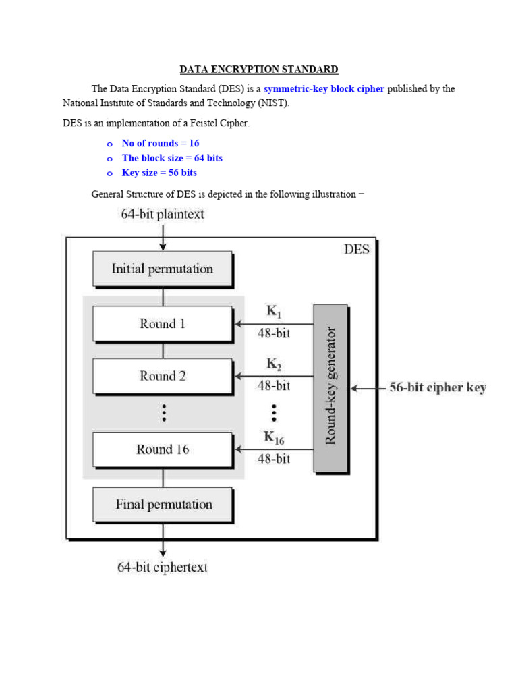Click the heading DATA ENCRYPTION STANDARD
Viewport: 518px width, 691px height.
[x=258, y=70]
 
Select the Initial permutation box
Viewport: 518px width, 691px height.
[x=162, y=269]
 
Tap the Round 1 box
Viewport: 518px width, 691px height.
[x=162, y=324]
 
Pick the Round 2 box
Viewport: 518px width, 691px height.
[x=162, y=376]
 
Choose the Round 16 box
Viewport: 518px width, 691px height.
[x=162, y=449]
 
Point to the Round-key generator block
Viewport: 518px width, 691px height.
[x=330, y=388]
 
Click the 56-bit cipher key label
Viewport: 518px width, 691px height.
[x=438, y=388]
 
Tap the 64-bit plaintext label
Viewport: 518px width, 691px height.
[x=163, y=215]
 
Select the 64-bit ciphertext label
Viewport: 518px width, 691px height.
[x=163, y=567]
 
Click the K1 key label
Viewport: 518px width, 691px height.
[x=274, y=312]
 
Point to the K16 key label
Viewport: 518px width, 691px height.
[x=274, y=438]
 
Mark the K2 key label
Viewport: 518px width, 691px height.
[x=274, y=364]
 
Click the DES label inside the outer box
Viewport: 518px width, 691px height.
[x=356, y=249]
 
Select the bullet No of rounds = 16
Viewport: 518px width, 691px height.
[x=160, y=143]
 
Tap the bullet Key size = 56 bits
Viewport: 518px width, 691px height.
[x=159, y=173]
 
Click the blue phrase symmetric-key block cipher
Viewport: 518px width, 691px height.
[x=324, y=89]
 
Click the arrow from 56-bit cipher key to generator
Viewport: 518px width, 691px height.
[x=368, y=389]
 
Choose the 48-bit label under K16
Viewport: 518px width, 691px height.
[x=274, y=459]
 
